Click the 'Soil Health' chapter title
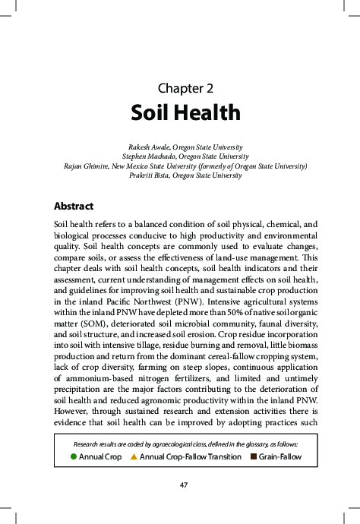185,112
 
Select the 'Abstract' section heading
74,206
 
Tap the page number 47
183,485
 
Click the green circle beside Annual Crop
73,456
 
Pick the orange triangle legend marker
134,456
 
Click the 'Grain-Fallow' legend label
280,456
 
